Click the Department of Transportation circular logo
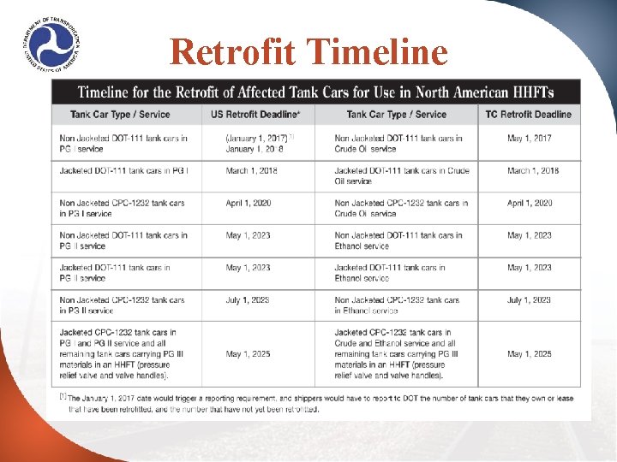52,44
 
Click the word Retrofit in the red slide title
226,52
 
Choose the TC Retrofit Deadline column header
528,115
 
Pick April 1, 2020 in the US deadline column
248,204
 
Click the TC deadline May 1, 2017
530,139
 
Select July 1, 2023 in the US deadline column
248,300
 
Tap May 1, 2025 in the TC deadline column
530,354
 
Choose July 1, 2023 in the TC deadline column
530,300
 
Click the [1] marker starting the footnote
62,397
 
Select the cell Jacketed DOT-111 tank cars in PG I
125,171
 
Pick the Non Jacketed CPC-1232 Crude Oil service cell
401,209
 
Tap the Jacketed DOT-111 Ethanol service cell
390,273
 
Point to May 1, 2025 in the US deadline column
248,354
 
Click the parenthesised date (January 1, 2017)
257,139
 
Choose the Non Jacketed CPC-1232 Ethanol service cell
397,305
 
